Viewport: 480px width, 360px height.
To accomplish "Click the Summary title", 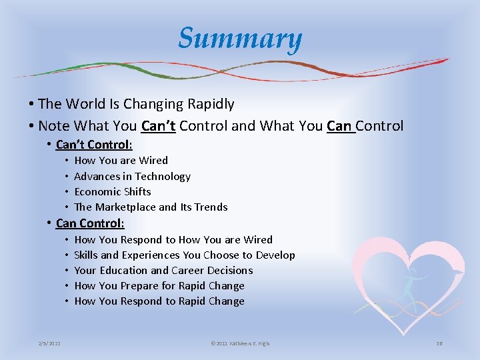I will click(240, 39).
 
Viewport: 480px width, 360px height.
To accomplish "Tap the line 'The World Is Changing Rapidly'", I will click(136, 104).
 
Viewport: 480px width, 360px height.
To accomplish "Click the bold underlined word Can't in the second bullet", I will click(159, 126).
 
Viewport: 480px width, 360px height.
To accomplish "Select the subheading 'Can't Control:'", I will click(94, 145).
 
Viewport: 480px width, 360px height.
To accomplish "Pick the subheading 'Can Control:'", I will click(90, 223).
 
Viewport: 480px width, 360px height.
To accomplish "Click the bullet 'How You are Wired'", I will click(121, 161).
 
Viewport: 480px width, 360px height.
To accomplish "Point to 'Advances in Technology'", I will click(132, 177).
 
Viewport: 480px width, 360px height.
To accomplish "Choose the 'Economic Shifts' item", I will click(113, 191).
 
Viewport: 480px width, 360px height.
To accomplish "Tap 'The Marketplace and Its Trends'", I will click(151, 207).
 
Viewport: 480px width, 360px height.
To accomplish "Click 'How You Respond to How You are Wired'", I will click(173, 240).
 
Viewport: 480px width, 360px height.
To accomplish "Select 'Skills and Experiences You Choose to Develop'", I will click(185, 255).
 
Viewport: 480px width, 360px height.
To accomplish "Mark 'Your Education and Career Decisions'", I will click(163, 271).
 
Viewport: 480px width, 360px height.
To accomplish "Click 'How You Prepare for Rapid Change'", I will click(159, 286).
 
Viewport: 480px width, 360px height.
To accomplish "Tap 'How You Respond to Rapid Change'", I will click(159, 301).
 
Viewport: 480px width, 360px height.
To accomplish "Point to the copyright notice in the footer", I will click(240, 343).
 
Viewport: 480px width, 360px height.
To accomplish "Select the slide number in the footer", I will click(439, 343).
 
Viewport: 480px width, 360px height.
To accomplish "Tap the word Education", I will click(123, 271).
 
